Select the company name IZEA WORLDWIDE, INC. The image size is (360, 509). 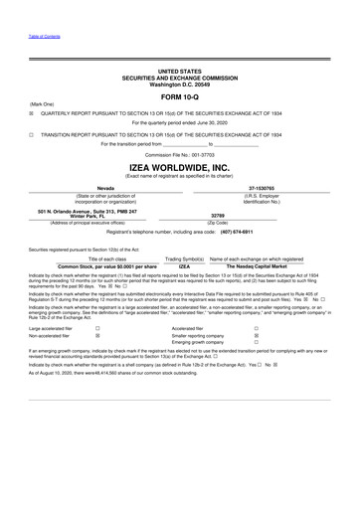(x=179, y=168)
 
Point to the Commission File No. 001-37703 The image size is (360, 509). (x=179, y=156)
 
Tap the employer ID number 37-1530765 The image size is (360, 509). (x=262, y=188)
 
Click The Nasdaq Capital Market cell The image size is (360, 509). (x=258, y=266)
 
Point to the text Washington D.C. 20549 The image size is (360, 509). (x=179, y=85)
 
